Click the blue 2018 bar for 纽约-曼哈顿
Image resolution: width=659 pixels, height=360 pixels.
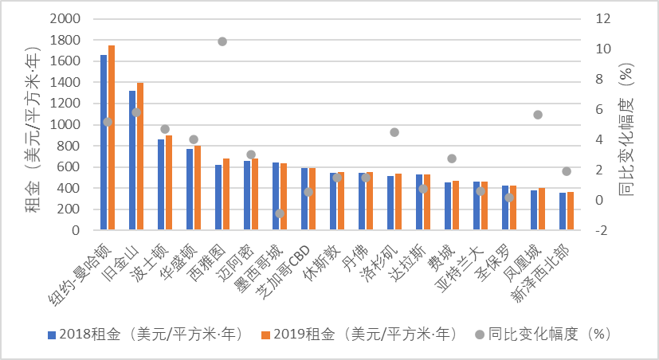pyautogui.click(x=104, y=143)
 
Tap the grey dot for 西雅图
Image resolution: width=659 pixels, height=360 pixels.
pyautogui.click(x=222, y=41)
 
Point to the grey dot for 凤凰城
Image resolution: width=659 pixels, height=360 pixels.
pyautogui.click(x=538, y=115)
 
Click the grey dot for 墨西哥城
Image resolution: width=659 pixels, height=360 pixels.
pyautogui.click(x=280, y=213)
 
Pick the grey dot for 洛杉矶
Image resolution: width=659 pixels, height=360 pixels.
pyautogui.click(x=394, y=132)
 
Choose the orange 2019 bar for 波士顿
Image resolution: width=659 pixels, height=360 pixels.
pyautogui.click(x=169, y=183)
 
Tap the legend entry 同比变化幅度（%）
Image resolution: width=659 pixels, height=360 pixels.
pyautogui.click(x=550, y=334)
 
